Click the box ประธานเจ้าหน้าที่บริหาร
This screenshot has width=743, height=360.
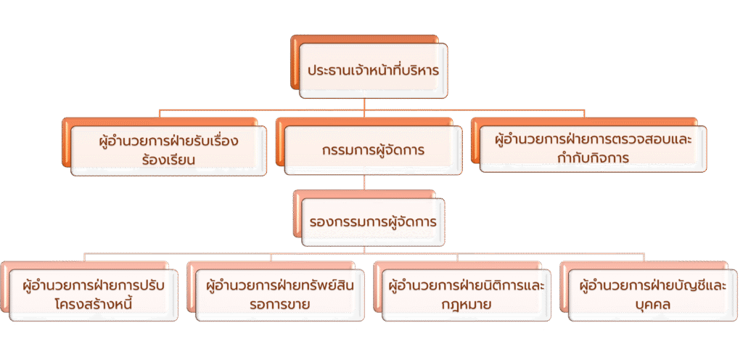click(374, 70)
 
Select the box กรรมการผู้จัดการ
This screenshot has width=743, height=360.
click(374, 151)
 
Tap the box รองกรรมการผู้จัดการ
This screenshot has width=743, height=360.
click(374, 222)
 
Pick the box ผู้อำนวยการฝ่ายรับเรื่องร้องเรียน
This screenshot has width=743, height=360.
click(168, 151)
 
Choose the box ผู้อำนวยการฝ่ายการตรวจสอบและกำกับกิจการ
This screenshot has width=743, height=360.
click(594, 149)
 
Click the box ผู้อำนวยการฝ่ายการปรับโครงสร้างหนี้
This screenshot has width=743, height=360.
click(94, 295)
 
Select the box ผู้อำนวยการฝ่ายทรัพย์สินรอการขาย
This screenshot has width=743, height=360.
click(280, 295)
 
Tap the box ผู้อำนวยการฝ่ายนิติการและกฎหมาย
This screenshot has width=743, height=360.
click(467, 295)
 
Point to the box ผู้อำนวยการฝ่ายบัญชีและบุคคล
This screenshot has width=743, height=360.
click(653, 295)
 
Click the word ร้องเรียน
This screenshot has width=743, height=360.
click(168, 160)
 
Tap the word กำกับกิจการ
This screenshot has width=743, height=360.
click(594, 157)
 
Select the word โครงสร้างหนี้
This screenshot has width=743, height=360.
click(94, 304)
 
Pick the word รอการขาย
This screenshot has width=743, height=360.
click(280, 304)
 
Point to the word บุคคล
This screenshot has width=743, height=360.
click(652, 304)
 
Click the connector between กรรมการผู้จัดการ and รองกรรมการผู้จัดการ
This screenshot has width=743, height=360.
click(364, 182)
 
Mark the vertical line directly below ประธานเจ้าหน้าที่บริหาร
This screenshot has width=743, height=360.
click(364, 105)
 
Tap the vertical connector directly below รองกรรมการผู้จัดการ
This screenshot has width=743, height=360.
click(364, 250)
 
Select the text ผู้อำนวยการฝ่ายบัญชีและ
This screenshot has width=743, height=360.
click(653, 286)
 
